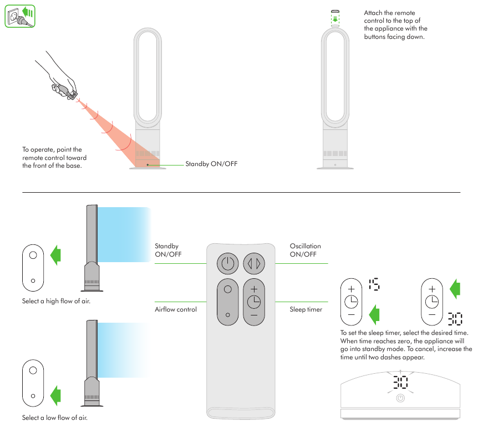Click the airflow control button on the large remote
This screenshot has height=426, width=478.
(227, 301)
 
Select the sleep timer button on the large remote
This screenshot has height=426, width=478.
(254, 301)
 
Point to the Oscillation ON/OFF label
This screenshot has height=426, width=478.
(305, 250)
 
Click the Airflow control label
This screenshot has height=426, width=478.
(175, 309)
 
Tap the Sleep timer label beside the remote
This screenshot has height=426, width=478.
(306, 309)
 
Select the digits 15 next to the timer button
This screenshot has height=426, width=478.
(374, 285)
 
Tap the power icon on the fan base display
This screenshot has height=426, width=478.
(400, 398)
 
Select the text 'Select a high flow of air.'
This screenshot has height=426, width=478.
(56, 301)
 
